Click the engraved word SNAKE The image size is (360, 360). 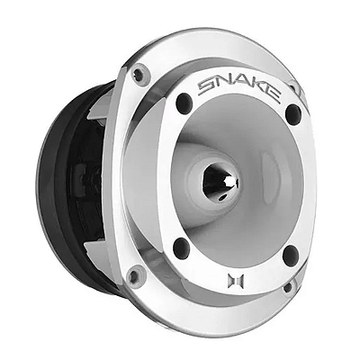tap(239, 89)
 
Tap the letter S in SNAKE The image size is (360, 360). tap(206, 87)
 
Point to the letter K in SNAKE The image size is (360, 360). tap(256, 91)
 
